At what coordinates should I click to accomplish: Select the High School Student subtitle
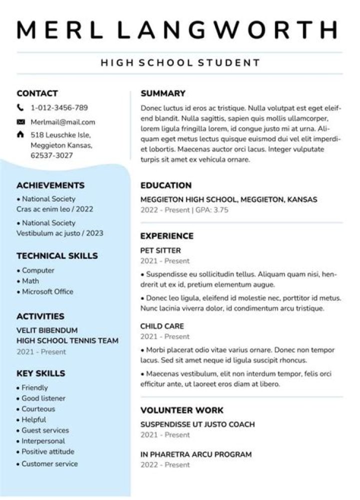coord(180,63)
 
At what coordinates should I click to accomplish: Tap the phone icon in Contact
coord(20,107)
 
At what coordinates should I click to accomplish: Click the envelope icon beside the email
coord(20,122)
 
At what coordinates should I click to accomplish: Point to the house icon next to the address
coord(20,135)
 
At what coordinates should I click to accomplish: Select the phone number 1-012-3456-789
coord(59,107)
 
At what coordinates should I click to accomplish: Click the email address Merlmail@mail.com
coord(62,122)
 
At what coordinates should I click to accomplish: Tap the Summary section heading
coord(163,93)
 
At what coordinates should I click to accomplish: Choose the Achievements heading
coord(50,185)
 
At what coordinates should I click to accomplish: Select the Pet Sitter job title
coord(160,251)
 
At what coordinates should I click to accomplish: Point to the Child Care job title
coord(162,326)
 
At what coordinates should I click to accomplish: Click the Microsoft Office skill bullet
coord(47,292)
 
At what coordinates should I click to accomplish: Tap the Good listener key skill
coord(43,398)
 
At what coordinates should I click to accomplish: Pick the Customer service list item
coord(49,464)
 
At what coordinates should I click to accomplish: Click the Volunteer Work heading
coord(182,411)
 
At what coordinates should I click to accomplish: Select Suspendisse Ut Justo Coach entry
coord(197,425)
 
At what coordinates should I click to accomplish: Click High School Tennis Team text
coord(67,341)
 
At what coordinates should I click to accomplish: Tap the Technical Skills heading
coord(57,256)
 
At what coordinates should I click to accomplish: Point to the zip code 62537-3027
coord(51,155)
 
